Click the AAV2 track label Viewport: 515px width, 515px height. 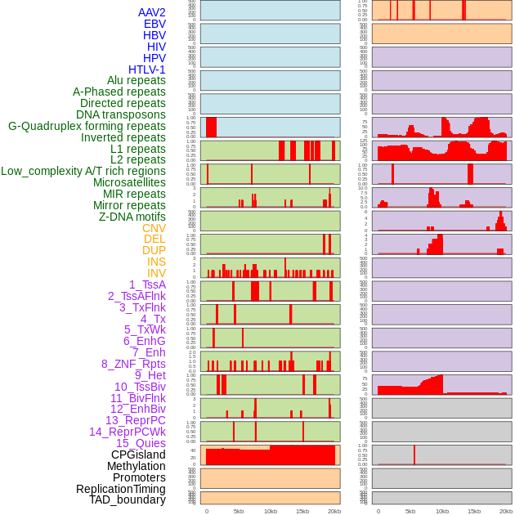(152, 12)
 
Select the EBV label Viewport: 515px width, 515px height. (154, 24)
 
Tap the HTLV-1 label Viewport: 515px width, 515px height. (147, 69)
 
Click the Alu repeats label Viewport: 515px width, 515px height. (137, 80)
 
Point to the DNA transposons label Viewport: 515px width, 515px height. (121, 114)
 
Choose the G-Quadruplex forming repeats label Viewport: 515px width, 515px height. (87, 126)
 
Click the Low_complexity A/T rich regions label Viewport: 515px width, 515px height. (83, 171)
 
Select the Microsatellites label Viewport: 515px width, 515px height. (129, 182)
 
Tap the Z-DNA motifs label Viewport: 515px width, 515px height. (132, 217)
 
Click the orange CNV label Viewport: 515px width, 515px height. (154, 228)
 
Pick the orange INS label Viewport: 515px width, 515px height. (156, 262)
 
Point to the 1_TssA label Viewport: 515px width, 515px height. (147, 284)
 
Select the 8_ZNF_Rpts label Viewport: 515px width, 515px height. (133, 364)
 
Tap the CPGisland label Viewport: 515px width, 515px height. (138, 455)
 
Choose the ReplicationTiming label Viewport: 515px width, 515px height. (120, 489)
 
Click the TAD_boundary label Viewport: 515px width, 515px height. (128, 499)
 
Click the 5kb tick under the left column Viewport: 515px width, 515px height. (239, 511)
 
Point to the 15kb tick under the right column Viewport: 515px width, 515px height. (474, 511)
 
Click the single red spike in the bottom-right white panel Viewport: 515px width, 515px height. (414, 455)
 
